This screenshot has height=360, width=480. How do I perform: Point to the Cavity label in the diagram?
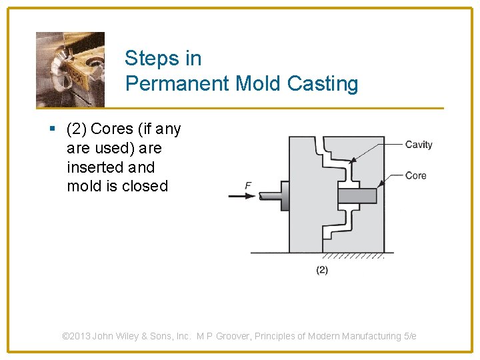tap(419, 145)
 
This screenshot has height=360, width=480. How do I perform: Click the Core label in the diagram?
tap(415, 176)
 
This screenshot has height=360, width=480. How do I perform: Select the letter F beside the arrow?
tap(248, 186)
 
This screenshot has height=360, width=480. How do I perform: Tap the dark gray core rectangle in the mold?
tap(357, 196)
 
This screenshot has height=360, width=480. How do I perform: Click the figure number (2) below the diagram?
tap(322, 270)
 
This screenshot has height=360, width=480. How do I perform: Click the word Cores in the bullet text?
tap(112, 129)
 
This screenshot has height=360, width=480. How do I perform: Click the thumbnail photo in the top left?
tap(70, 69)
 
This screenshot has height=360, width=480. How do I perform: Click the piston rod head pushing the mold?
tap(285, 196)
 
